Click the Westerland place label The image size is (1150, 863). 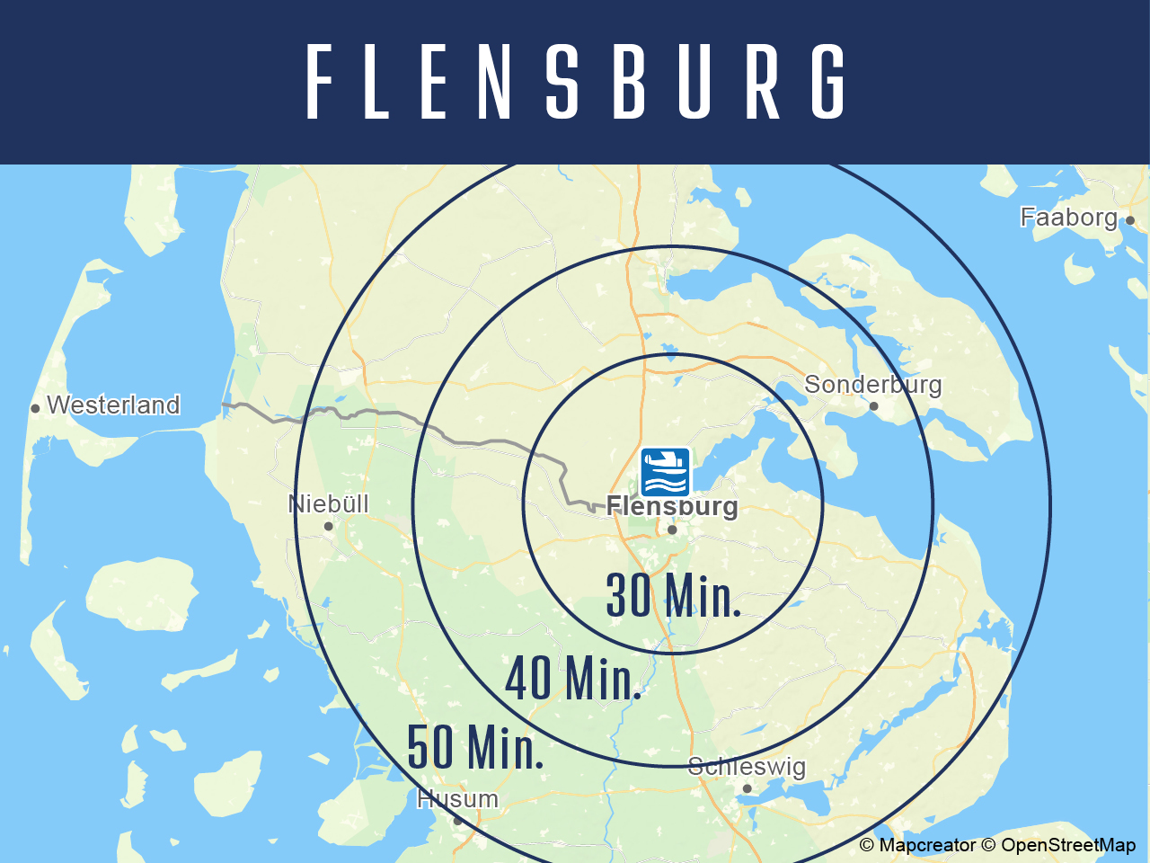coord(113,405)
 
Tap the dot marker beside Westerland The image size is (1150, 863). coord(35,408)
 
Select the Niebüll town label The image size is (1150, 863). coord(329,504)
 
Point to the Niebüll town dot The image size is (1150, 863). coord(329,527)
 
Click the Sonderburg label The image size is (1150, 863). coord(872,385)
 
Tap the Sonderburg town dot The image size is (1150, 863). coord(873,406)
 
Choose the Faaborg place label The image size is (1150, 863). coord(1068,218)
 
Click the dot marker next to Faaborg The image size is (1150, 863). coord(1130,220)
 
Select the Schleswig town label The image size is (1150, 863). coord(747,767)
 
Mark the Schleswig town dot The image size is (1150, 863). coord(747,788)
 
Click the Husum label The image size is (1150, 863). coord(457,798)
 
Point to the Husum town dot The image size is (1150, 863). coord(457,820)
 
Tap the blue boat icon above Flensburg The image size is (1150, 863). coord(665,472)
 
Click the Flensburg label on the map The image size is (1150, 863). coord(672,506)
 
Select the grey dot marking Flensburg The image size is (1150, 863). coord(672,529)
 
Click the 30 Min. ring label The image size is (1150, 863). coord(674,595)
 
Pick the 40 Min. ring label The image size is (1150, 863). coord(573,679)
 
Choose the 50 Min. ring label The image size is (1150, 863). coord(475,747)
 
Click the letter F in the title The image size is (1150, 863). coord(320,82)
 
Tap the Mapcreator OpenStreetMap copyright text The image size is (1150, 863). coord(997,845)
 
